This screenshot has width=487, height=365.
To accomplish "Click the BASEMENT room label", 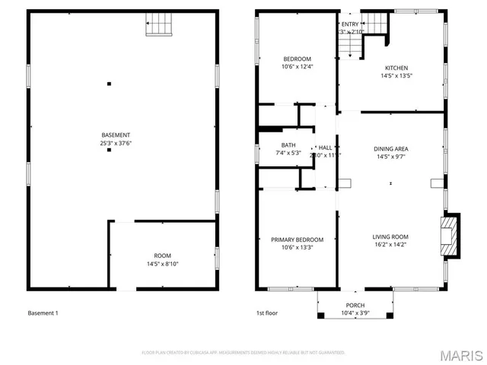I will (109, 135).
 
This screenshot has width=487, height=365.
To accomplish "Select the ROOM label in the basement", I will (163, 255).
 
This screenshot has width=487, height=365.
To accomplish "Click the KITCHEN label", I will (396, 68).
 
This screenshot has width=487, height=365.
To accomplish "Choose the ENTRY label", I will (349, 24).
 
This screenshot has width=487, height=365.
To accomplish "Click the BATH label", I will (288, 144).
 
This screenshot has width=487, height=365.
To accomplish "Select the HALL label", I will (325, 148).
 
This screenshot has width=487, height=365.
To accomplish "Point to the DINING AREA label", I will (390, 149).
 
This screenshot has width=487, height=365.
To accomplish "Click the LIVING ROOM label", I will (390, 236).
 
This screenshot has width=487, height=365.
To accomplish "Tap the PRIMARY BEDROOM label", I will (297, 240).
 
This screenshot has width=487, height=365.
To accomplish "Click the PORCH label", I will (355, 304).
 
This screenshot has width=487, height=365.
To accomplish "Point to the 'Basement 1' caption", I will (43, 313).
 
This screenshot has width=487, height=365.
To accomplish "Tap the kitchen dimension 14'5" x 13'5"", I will (396, 75).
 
